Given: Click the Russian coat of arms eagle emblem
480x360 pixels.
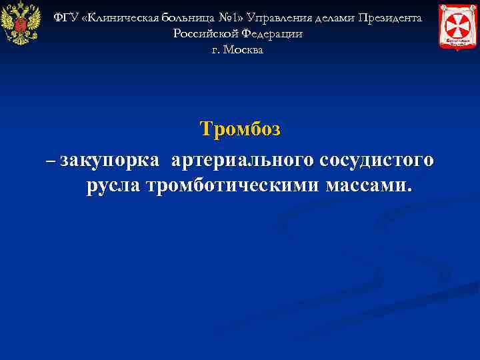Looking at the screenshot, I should [21, 24].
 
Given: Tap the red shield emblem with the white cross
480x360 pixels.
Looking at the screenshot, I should [458, 25].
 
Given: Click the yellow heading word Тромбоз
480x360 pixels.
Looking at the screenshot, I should [240, 129].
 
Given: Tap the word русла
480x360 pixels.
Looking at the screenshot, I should [113, 185].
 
